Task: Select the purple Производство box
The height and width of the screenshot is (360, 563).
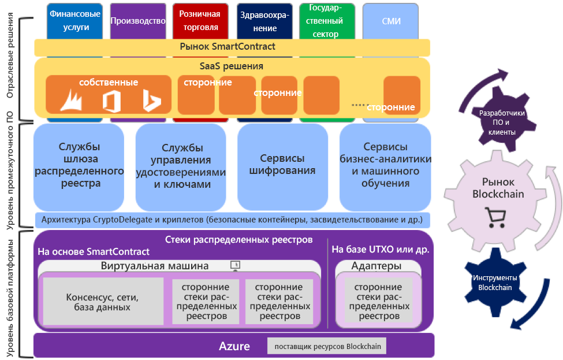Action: [x=134, y=21]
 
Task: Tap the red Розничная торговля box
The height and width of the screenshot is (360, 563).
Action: [x=199, y=21]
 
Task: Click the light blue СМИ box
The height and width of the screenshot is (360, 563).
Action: [x=392, y=21]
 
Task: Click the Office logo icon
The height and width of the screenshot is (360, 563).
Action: [x=111, y=101]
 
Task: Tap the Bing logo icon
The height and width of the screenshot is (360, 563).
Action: [x=151, y=101]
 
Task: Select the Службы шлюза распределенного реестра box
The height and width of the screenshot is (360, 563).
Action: [x=79, y=165]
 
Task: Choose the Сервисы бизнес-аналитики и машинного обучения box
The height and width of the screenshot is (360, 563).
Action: [x=385, y=165]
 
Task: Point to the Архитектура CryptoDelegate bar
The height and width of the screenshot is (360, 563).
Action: [x=232, y=220]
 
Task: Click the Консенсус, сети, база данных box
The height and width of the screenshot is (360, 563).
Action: [x=102, y=302]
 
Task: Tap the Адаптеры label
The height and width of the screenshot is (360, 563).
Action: [x=376, y=266]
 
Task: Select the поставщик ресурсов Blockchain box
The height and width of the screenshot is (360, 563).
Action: [x=326, y=346]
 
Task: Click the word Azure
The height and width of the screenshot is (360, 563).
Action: [x=234, y=346]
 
